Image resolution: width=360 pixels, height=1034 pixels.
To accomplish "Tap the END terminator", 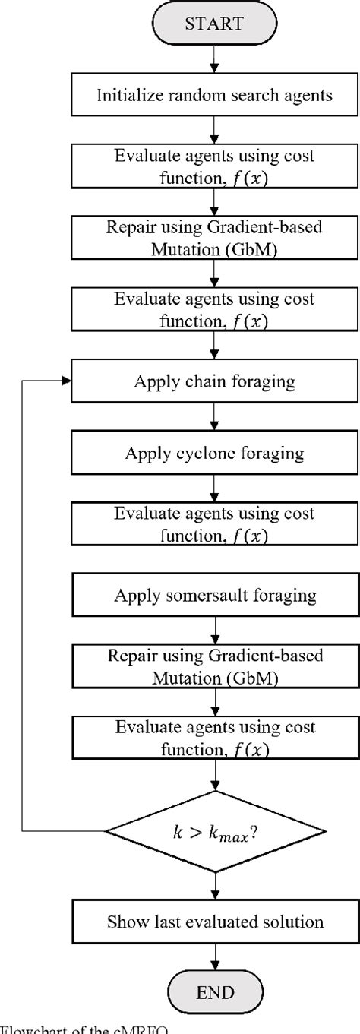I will click(x=214, y=992).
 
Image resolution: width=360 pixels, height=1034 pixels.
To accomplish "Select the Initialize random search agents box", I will click(x=214, y=95).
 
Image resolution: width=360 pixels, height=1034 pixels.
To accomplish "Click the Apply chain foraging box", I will click(x=214, y=381).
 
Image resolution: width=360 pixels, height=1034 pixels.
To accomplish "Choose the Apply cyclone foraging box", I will click(x=214, y=454).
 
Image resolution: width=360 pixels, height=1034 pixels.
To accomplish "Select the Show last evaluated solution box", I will click(x=214, y=922).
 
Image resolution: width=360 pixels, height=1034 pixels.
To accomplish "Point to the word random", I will click(x=189, y=95).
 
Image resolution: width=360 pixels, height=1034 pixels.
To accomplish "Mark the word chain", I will click(x=199, y=381).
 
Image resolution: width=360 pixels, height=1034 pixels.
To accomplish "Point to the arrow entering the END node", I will click(x=214, y=957).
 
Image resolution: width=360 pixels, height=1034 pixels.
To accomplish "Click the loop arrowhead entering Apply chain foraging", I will click(x=64, y=381).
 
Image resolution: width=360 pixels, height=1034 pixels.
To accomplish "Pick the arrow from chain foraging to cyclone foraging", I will click(x=214, y=418).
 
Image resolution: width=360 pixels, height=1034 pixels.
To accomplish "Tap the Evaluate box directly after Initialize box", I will click(x=214, y=166).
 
